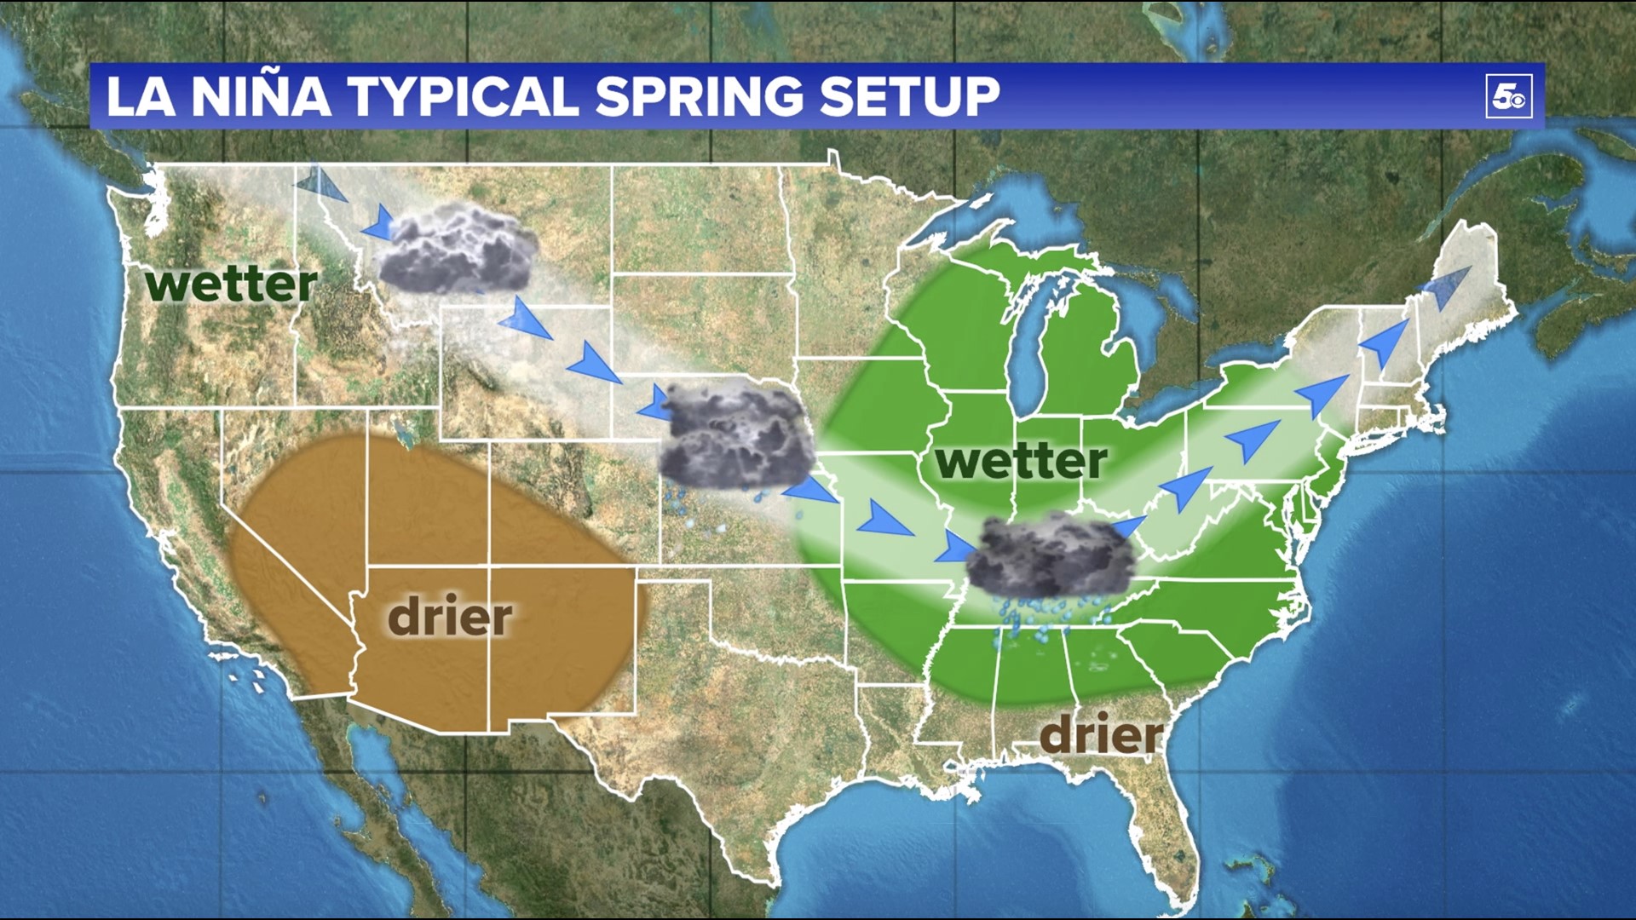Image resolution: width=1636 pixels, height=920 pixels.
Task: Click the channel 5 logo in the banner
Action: coord(1509,96)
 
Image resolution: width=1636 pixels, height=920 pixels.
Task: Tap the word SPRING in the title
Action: coord(699,96)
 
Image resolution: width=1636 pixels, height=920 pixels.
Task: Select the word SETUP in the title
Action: coord(909,96)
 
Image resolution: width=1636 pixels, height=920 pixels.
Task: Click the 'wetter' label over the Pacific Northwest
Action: coord(231,284)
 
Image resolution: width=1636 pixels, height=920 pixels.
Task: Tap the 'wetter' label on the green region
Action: coord(1021,461)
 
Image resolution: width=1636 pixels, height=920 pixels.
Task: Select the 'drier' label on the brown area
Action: coord(450,617)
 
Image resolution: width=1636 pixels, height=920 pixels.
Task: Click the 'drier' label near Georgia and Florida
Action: coord(1101,734)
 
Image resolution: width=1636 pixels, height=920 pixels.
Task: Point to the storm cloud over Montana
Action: coord(458,250)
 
